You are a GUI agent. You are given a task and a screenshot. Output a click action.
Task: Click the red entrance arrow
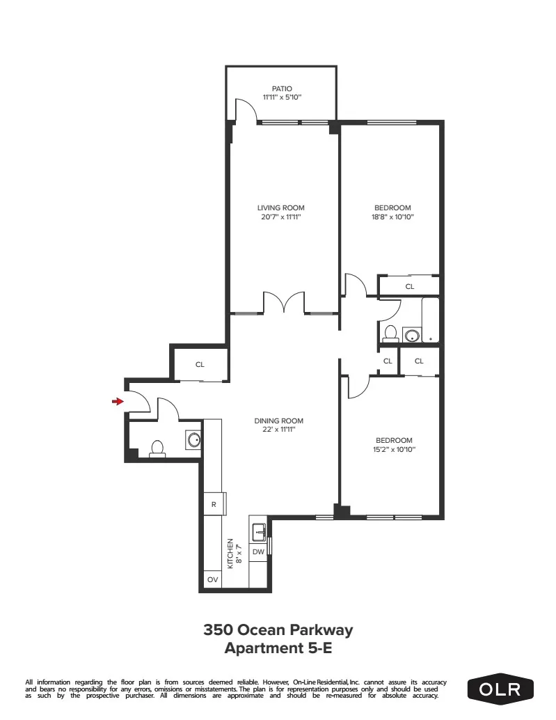point(118,401)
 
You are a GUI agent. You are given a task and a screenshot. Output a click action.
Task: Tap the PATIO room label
point(282,89)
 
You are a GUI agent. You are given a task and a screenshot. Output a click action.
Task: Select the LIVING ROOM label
point(281,208)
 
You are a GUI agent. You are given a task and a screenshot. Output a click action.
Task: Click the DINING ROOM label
point(279,421)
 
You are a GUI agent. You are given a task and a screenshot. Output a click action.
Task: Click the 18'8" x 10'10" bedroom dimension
point(392,217)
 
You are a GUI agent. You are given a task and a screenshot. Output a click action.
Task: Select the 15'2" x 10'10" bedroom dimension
point(394,450)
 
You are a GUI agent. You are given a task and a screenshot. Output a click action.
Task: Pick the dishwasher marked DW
point(258,551)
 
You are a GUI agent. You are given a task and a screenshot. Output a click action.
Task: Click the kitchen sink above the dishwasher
point(259,531)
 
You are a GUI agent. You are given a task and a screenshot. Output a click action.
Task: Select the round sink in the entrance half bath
point(193,439)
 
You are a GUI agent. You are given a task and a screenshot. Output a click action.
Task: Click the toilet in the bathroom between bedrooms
point(390,334)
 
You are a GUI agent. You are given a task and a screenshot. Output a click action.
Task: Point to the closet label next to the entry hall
point(200,364)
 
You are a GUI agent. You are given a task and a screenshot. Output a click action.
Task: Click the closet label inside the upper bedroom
point(409,285)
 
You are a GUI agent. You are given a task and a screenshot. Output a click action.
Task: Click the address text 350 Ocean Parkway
point(278,630)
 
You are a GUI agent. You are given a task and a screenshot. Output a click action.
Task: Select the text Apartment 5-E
point(278,648)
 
